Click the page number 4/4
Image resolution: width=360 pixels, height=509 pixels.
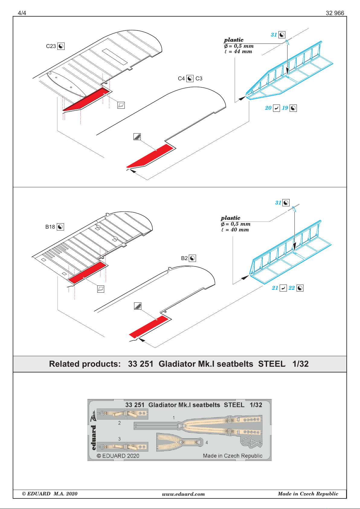[x=22, y=13]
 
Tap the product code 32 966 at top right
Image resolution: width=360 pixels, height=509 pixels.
[x=335, y=13]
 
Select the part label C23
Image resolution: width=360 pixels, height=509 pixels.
[x=51, y=46]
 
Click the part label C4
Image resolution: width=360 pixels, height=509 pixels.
[x=181, y=79]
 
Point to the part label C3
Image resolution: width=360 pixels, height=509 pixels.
[x=199, y=79]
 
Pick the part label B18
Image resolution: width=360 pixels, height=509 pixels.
[x=50, y=227]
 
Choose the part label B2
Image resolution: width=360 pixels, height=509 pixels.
[x=184, y=258]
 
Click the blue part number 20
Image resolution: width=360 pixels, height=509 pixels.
[x=268, y=108]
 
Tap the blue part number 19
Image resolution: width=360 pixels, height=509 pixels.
[x=285, y=108]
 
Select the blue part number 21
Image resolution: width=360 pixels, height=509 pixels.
[x=275, y=288]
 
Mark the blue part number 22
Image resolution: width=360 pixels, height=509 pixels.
[x=291, y=288]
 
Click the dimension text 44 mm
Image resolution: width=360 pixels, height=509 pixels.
[x=243, y=52]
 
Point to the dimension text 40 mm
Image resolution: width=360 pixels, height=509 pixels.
[x=240, y=230]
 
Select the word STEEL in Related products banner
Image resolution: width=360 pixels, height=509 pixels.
[x=271, y=364]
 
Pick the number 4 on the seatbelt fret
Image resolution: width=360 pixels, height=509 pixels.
[x=207, y=443]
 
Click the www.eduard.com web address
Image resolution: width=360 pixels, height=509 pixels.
[x=183, y=494]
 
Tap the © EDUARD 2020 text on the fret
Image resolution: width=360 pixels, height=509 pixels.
[x=118, y=456]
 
